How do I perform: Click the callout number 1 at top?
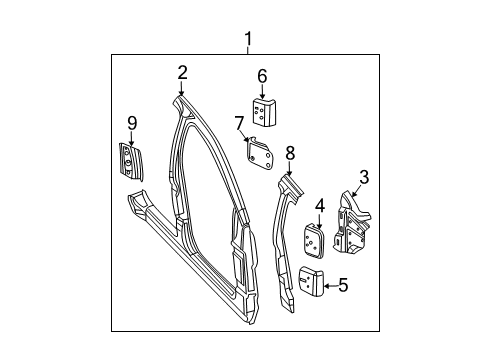(248, 39)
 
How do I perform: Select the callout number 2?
(182, 71)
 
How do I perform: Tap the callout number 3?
(363, 177)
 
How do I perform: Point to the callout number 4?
(319, 206)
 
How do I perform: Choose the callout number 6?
(262, 75)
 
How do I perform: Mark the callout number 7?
(240, 123)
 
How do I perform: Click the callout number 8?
(290, 153)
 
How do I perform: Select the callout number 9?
(130, 123)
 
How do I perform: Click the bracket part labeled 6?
(264, 113)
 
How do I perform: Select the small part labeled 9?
(130, 161)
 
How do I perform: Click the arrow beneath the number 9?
(130, 138)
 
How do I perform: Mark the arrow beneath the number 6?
(262, 91)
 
